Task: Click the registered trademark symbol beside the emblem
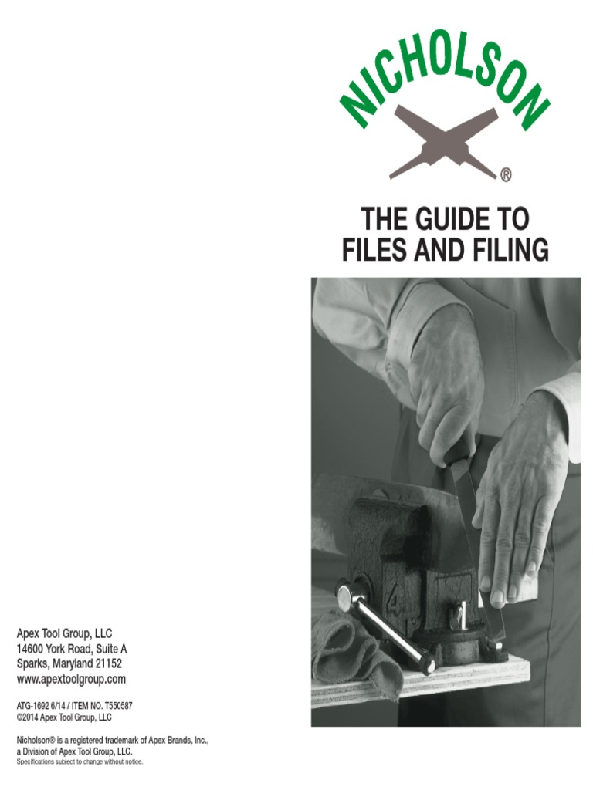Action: (506, 176)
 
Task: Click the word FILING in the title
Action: (503, 249)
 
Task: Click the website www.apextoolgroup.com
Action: (71, 679)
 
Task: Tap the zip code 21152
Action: (107, 663)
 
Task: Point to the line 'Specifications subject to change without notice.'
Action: (80, 761)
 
